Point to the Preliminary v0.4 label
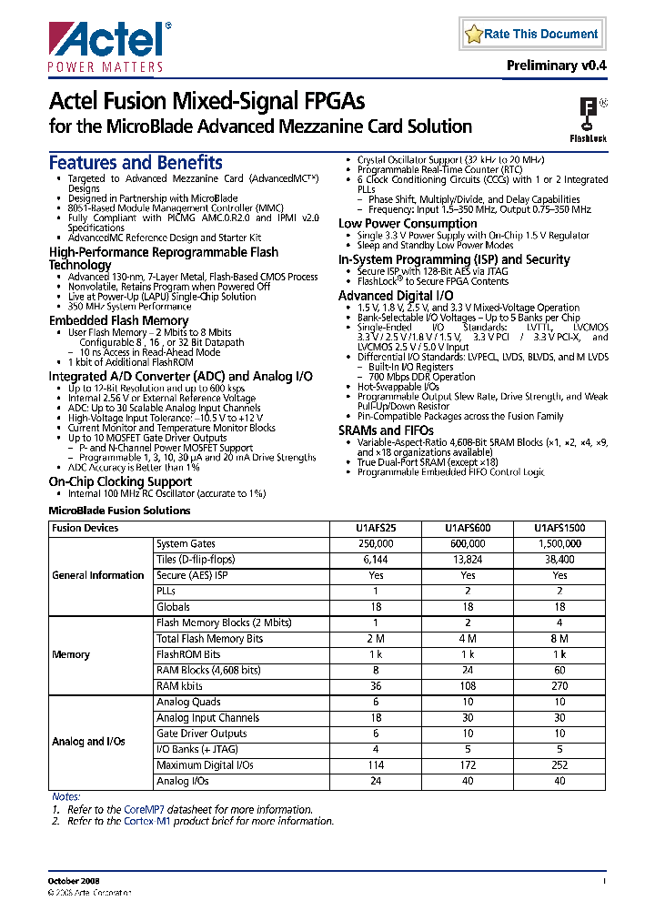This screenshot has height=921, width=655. pos(556,66)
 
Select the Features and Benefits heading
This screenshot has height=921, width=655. pos(135,163)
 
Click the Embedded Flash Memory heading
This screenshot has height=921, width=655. pos(118,320)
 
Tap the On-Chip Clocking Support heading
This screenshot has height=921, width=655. pos(120,481)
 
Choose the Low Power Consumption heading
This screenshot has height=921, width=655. pos(408,224)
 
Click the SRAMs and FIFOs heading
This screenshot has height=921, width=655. pos(383,430)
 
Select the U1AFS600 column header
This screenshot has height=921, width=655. pos(468,528)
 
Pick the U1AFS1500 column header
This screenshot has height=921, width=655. pos(559,528)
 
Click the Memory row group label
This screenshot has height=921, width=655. pos(71,655)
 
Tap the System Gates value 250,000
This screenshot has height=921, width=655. pos(376,544)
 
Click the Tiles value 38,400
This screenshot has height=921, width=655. pos(559,560)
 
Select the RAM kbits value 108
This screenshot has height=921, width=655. pos(468,686)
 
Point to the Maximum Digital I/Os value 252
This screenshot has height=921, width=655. pos(559,765)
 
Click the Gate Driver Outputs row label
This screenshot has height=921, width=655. pos(201,734)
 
